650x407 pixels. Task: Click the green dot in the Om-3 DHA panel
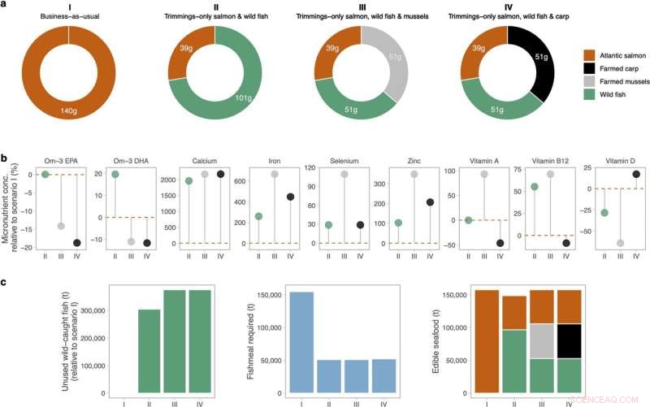click(115, 175)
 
